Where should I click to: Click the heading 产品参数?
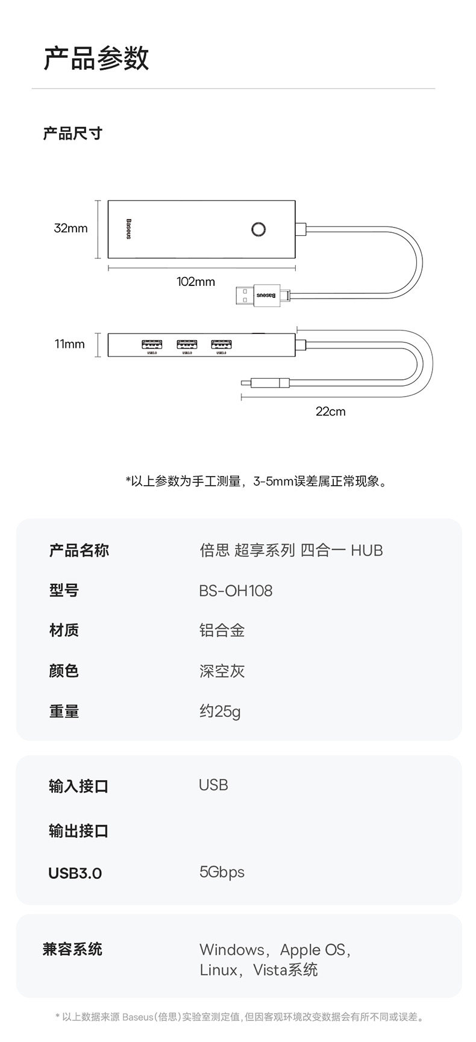click(96, 58)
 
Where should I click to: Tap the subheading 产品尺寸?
click(73, 133)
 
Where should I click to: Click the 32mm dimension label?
click(70, 228)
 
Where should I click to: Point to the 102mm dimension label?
click(196, 282)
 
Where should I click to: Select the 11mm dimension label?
click(70, 344)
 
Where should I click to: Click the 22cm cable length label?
click(331, 412)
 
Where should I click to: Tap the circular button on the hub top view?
click(258, 229)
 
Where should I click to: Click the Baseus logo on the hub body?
click(128, 229)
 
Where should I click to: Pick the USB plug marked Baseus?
click(263, 295)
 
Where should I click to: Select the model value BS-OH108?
click(236, 591)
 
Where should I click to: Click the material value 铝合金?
click(222, 630)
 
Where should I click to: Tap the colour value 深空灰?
click(222, 671)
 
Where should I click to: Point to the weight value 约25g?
click(220, 712)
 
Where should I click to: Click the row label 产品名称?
click(79, 550)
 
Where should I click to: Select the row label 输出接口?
click(79, 831)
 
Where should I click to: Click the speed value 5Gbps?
click(222, 872)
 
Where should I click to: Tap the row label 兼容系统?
click(72, 949)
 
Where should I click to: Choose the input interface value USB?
click(213, 785)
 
